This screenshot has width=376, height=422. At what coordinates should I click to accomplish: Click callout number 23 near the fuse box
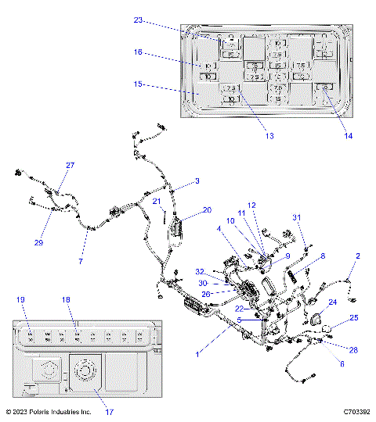[x=138, y=22]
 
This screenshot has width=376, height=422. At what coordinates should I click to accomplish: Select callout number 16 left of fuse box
[x=138, y=52]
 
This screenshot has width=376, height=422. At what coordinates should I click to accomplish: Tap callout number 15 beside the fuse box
[x=138, y=84]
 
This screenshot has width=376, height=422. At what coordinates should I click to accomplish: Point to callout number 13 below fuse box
[x=269, y=135]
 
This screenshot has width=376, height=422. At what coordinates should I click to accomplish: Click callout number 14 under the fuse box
[x=348, y=135]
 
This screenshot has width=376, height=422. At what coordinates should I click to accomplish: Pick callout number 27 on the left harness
[x=70, y=166]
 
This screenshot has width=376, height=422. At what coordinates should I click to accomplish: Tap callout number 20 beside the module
[x=207, y=209]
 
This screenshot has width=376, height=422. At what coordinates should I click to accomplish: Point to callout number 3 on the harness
[x=197, y=181]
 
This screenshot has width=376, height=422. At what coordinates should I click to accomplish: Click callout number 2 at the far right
[x=358, y=256]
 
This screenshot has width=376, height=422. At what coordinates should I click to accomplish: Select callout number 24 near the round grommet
[x=331, y=302]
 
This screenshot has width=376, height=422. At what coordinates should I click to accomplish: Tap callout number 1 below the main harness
[x=197, y=355]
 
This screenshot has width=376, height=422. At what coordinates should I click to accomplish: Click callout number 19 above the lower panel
[x=20, y=299]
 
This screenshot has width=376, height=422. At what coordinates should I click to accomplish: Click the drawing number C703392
[x=356, y=411]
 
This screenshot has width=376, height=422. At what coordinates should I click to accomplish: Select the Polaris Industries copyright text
[x=48, y=411]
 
